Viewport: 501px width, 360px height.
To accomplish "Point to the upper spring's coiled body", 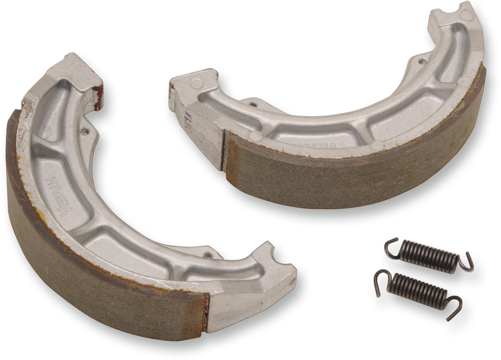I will pos(428,256).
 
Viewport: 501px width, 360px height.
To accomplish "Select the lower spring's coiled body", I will pos(417,288).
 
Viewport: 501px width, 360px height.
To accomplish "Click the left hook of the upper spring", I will pos(390,246).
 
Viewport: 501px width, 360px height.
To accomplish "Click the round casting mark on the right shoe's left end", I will pos(196,84).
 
